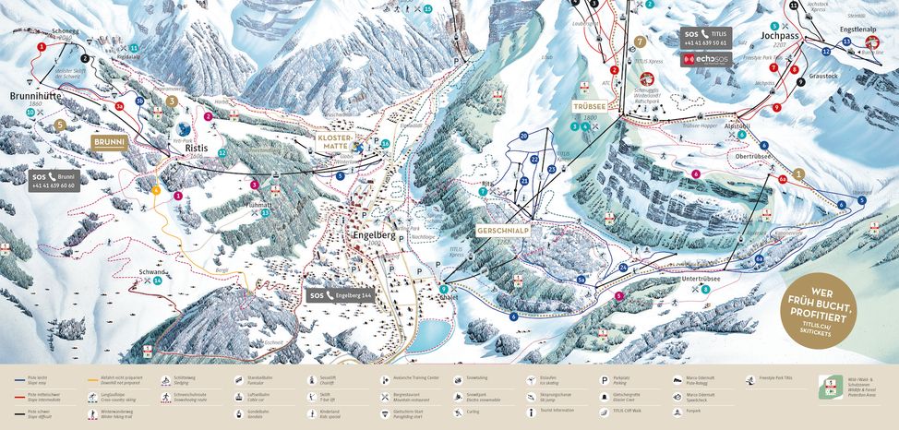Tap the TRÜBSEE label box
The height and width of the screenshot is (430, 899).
tap(588, 106)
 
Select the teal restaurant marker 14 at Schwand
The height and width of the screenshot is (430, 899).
tap(158, 281)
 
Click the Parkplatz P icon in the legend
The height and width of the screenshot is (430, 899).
tap(604, 379)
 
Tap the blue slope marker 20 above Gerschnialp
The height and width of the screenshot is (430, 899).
tap(523, 136)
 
